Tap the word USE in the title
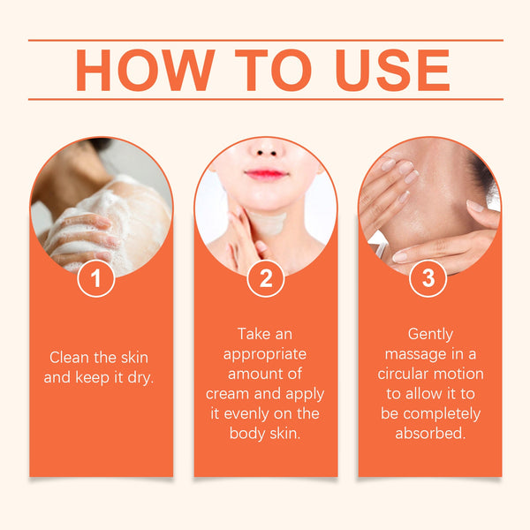[393, 71]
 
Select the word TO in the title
[273, 71]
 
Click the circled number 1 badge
[96, 278]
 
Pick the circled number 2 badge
[265, 278]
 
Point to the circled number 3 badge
[428, 278]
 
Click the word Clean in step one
[69, 358]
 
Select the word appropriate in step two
[265, 355]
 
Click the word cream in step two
[226, 394]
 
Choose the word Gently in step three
[430, 335]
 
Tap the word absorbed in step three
[430, 434]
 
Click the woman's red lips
[266, 174]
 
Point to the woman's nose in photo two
[267, 148]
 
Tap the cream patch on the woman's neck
[269, 223]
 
